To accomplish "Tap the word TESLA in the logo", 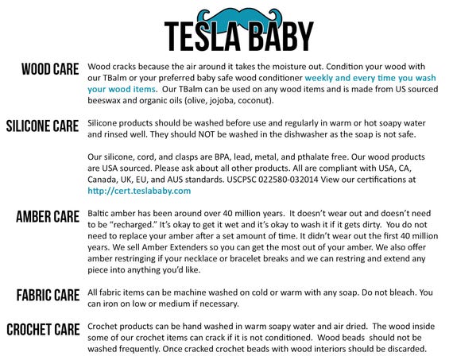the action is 203,37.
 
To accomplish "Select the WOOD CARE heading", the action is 50,69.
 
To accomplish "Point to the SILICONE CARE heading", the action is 42,126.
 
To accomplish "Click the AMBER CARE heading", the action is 48,217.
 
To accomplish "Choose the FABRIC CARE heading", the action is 48,296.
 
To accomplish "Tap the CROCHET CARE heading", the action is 44,330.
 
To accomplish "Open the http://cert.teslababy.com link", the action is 139,191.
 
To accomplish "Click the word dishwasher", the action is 306,134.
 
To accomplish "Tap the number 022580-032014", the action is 288,180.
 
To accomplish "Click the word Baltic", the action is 98,214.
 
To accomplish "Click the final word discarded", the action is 406,349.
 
